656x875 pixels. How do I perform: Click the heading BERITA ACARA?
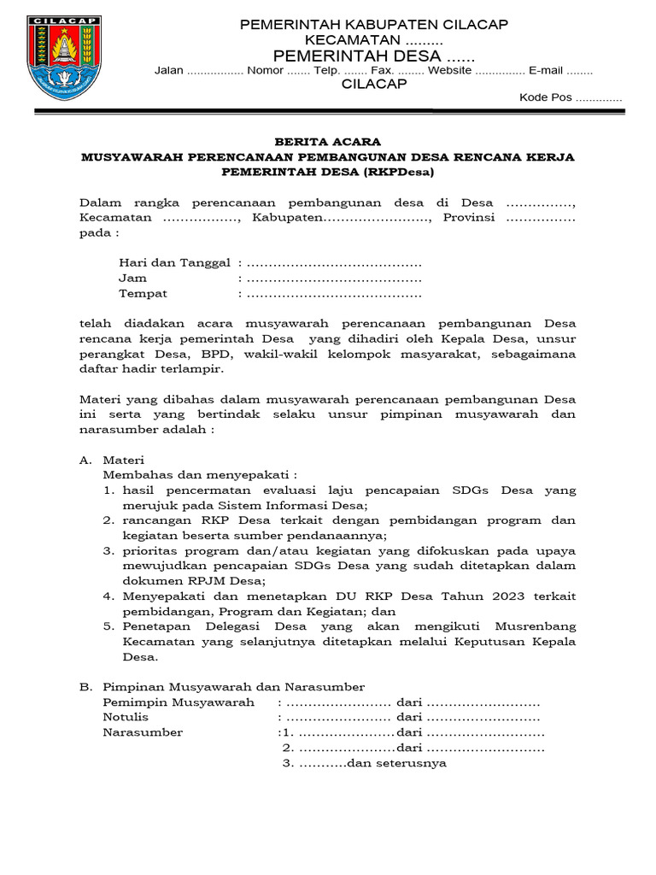(327, 142)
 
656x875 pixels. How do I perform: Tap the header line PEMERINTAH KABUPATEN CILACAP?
(374, 25)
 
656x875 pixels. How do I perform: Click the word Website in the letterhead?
(449, 70)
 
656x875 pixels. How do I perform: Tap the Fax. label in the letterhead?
(381, 70)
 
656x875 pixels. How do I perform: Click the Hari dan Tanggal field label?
(175, 262)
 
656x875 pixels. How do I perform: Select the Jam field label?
(132, 278)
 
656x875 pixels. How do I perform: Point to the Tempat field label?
(143, 293)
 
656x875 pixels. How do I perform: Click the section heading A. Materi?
(113, 460)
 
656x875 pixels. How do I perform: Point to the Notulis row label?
(126, 718)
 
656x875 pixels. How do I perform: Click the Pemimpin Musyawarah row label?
(179, 702)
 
